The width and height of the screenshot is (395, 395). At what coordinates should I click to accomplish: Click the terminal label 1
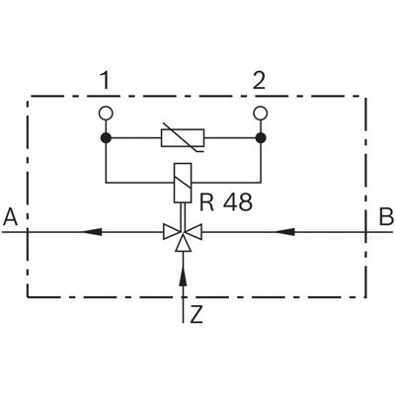pyautogui.click(x=105, y=81)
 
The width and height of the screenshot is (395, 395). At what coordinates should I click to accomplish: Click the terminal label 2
pyautogui.click(x=259, y=81)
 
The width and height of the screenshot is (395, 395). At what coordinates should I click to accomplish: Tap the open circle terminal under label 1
pyautogui.click(x=106, y=114)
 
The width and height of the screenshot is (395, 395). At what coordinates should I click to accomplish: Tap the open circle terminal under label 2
pyautogui.click(x=261, y=114)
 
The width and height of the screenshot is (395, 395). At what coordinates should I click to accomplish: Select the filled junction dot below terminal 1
pyautogui.click(x=106, y=138)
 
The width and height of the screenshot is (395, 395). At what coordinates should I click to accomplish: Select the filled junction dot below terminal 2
pyautogui.click(x=261, y=138)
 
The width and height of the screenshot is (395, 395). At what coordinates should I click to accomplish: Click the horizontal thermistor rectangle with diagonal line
pyautogui.click(x=183, y=138)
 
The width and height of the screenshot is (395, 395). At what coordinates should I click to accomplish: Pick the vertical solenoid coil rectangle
pyautogui.click(x=183, y=183)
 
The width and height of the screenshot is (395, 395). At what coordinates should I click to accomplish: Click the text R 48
pyautogui.click(x=226, y=202)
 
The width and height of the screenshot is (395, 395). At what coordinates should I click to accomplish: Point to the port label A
pyautogui.click(x=10, y=217)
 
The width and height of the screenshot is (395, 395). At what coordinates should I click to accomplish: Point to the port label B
pyautogui.click(x=386, y=217)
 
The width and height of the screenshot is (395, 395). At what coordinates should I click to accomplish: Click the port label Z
pyautogui.click(x=197, y=315)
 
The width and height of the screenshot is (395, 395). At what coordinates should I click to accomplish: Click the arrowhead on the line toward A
pyautogui.click(x=92, y=232)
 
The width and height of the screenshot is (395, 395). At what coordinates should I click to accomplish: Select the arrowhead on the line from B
pyautogui.click(x=284, y=232)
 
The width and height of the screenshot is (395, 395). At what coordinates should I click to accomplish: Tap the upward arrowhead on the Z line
pyautogui.click(x=183, y=276)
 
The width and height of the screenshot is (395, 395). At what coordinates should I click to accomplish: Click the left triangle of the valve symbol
pyautogui.click(x=171, y=232)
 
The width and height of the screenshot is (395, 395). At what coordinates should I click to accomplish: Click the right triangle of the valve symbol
pyautogui.click(x=194, y=232)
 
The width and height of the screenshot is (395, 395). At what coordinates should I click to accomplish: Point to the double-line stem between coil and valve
pyautogui.click(x=183, y=215)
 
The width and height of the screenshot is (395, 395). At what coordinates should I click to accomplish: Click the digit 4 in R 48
pyautogui.click(x=230, y=202)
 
